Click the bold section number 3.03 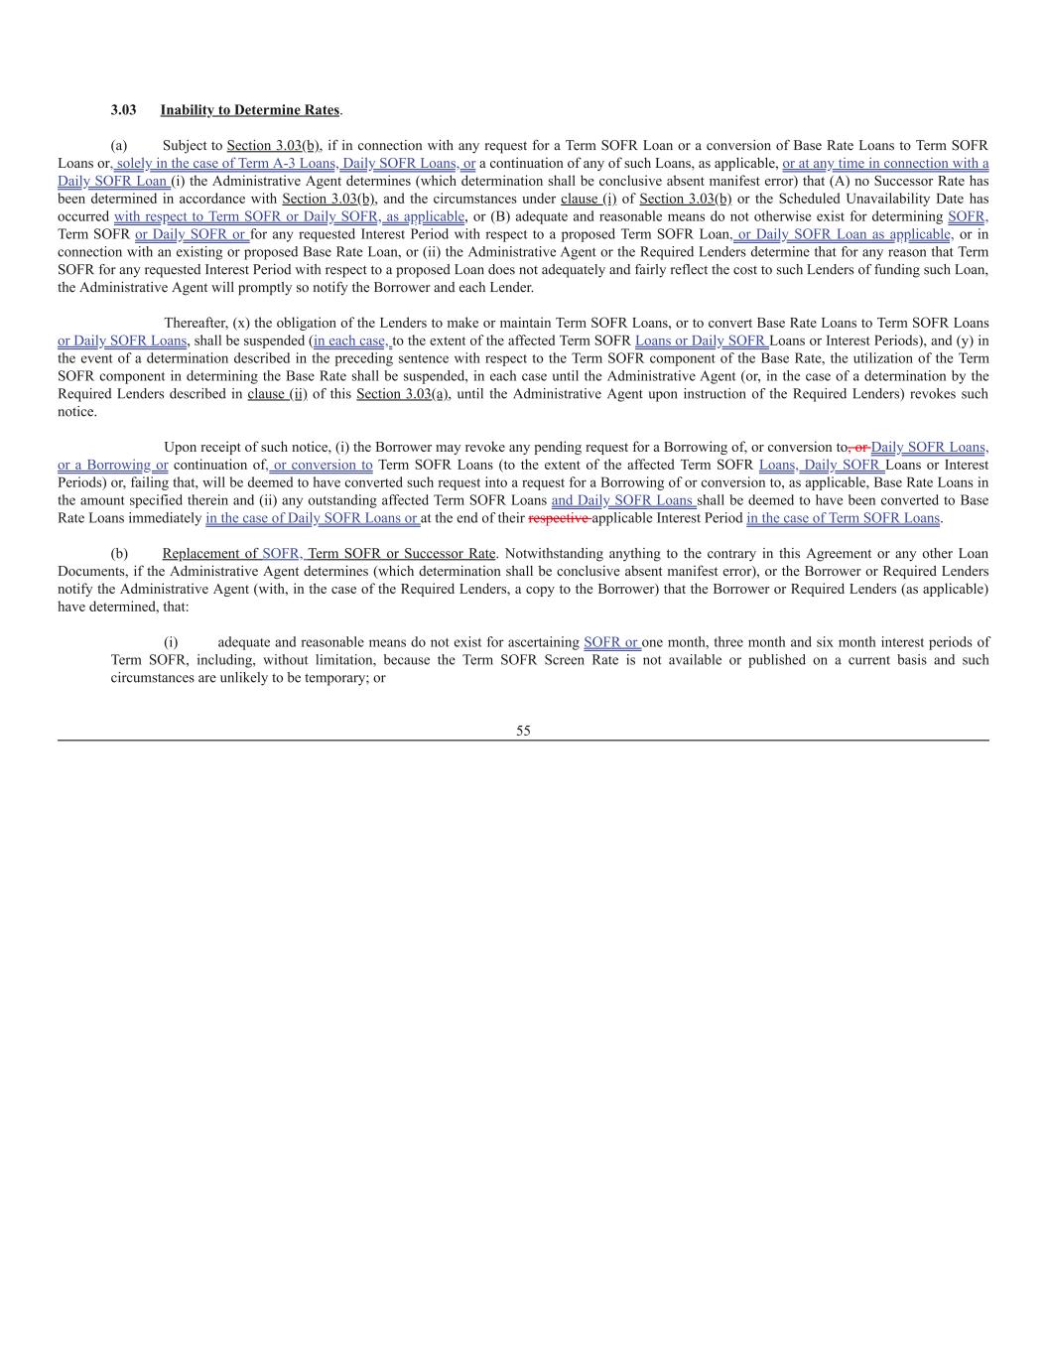(x=123, y=109)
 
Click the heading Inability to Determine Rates (x=250, y=109)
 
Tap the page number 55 (x=523, y=731)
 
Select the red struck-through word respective (x=559, y=518)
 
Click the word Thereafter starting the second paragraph (x=196, y=323)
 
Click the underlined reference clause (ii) (x=276, y=394)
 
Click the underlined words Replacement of (x=209, y=553)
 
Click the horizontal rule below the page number (x=523, y=741)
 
